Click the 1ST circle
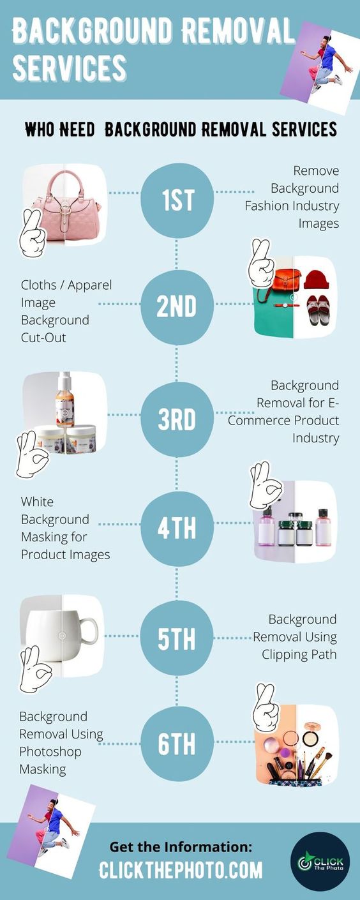[177, 200]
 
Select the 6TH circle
[177, 743]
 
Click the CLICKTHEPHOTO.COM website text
[181, 870]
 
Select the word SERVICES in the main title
[70, 68]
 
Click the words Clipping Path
[299, 654]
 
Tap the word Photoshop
[50, 752]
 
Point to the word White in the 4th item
[37, 502]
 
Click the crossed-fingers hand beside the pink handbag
[33, 232]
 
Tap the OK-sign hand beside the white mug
[34, 668]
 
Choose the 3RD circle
[177, 419]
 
